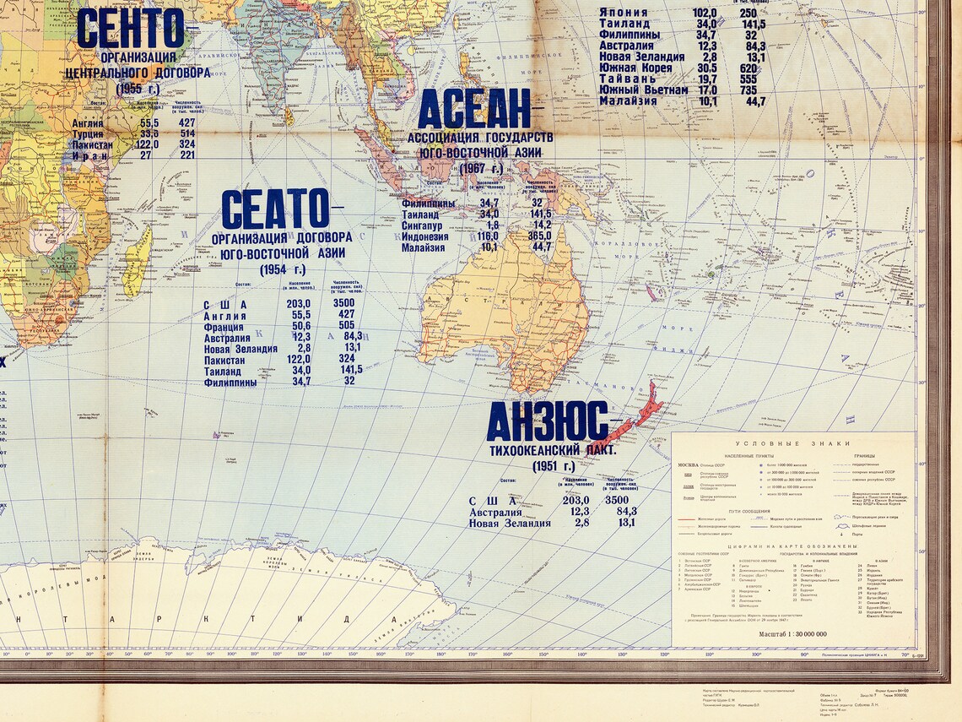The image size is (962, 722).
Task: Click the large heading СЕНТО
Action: coord(130,29)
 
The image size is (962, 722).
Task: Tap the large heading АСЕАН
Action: coord(473,110)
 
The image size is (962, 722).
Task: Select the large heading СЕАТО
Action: coord(275,209)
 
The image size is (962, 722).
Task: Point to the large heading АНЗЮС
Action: coord(547,421)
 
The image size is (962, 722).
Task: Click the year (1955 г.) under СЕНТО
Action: coord(138,88)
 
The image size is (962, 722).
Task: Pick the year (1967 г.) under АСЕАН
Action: coord(482,168)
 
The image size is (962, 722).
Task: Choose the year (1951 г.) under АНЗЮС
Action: coord(553,465)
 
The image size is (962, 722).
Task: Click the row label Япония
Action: coord(624,13)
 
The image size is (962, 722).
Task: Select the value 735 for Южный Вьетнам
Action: coord(748,90)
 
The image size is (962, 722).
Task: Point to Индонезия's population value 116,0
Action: coord(488,236)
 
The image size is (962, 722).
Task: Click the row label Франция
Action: coord(224,326)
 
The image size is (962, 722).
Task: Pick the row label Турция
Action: coord(89,133)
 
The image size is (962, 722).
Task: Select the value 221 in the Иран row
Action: coord(186,155)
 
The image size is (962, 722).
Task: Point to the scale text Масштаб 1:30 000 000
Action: coord(793,633)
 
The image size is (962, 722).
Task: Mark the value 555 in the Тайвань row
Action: coord(748,79)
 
